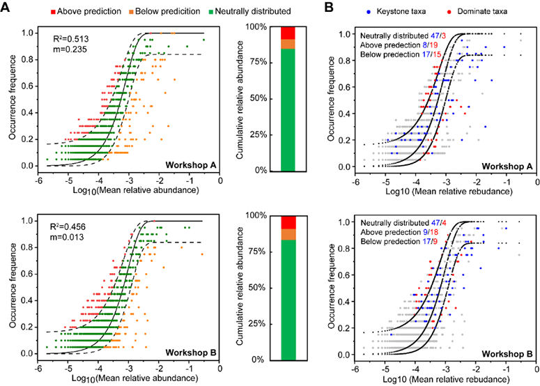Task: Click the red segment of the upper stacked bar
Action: point(287,33)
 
